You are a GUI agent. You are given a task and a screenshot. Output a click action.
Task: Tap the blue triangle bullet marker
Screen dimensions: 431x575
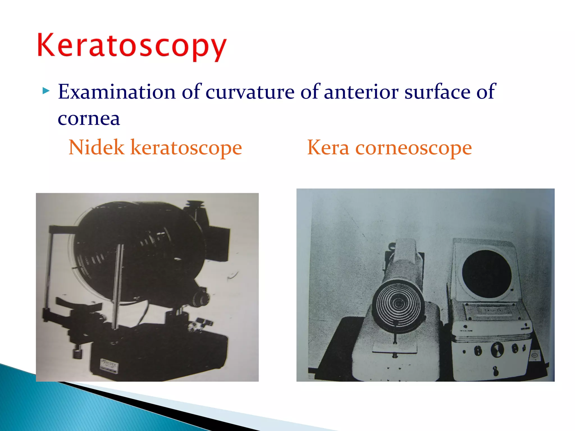(x=46, y=91)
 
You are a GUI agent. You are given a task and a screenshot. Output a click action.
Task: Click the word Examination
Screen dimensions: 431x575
(x=117, y=92)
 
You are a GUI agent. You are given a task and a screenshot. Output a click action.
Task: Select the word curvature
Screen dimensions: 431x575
(x=250, y=92)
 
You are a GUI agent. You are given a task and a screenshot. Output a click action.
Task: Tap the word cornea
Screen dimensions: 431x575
(x=89, y=118)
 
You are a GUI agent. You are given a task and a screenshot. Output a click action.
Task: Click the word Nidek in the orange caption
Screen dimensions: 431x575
(x=96, y=147)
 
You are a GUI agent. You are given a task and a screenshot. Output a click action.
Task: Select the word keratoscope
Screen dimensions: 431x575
(x=186, y=148)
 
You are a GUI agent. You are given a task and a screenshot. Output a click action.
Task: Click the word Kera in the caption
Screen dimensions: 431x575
(x=328, y=147)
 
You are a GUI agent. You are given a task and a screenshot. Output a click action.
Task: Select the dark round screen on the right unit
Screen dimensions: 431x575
(x=487, y=274)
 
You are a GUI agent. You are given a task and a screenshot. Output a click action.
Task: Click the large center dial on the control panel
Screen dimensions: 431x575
(x=497, y=350)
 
